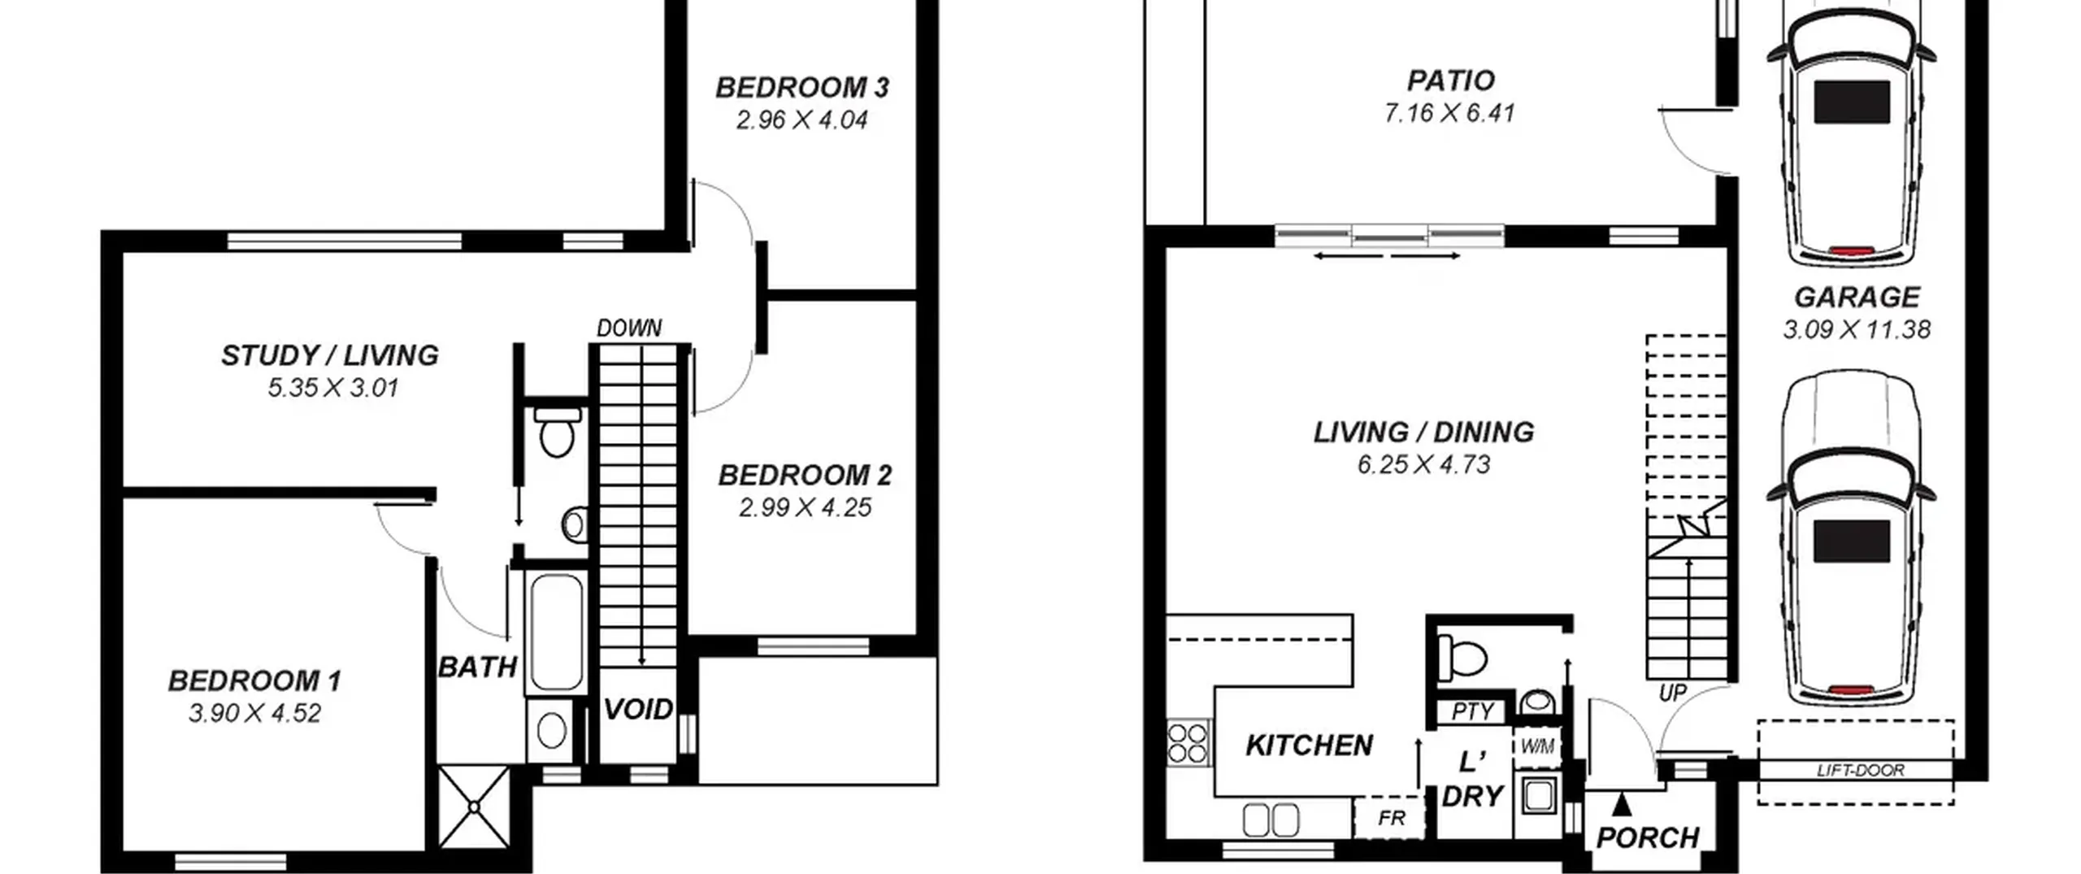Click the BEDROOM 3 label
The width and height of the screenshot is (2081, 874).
tap(802, 87)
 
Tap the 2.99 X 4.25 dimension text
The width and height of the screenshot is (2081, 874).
tap(805, 507)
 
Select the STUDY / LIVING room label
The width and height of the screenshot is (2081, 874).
tap(330, 355)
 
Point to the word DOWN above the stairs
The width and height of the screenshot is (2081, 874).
tap(629, 328)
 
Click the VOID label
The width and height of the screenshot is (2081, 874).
tap(638, 709)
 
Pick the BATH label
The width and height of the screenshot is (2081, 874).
tap(478, 667)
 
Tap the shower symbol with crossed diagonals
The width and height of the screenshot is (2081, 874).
tap(474, 806)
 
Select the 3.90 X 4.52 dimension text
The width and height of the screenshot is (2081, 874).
tap(255, 713)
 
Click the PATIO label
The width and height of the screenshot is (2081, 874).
tap(1451, 80)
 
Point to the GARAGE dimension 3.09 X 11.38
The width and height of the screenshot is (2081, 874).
tap(1857, 329)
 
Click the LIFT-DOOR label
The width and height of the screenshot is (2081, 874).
tap(1861, 770)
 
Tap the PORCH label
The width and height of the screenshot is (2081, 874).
tap(1648, 837)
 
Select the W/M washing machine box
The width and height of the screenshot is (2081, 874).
tap(1537, 746)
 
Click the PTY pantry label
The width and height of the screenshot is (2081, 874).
tap(1472, 712)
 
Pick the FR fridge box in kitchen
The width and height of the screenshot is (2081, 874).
tap(1391, 817)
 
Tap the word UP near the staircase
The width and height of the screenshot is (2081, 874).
tap(1672, 694)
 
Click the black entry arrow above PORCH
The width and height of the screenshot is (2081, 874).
tap(1622, 804)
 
